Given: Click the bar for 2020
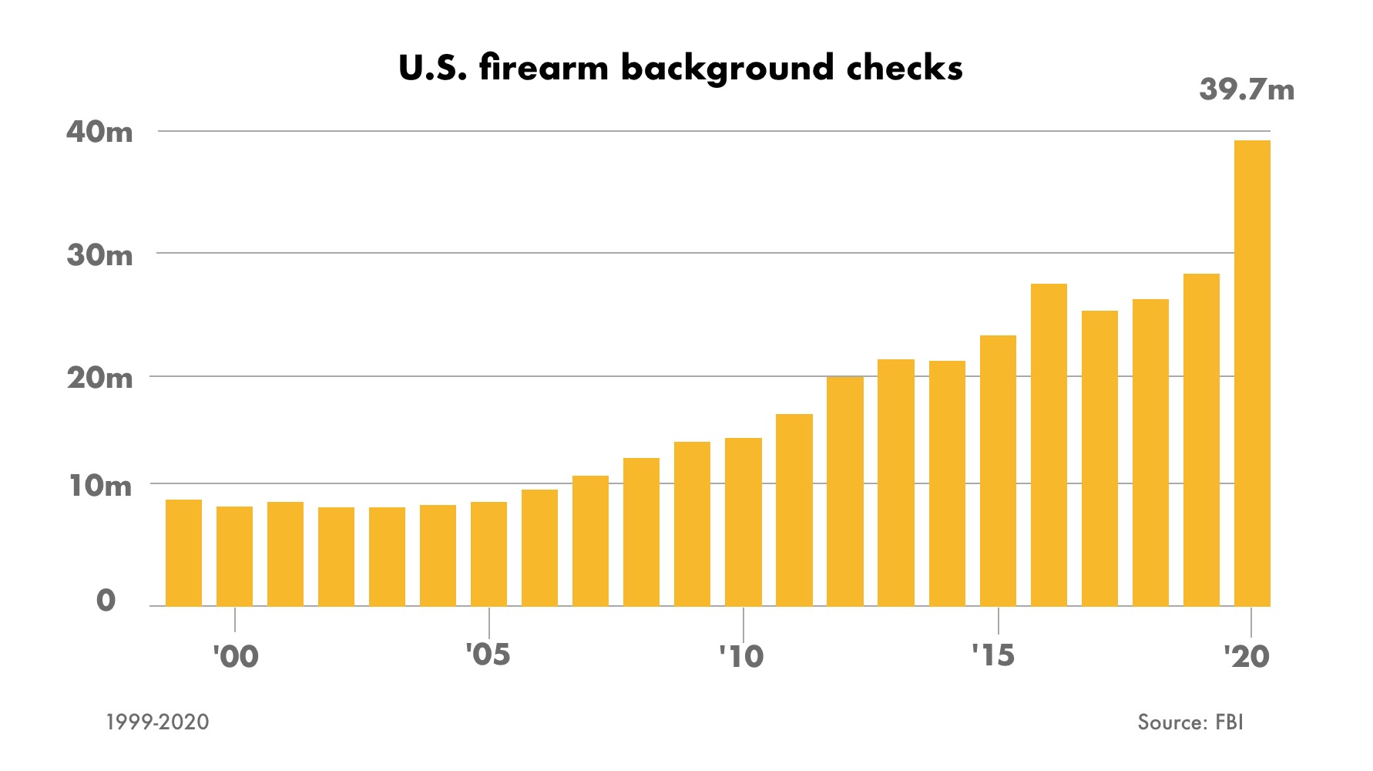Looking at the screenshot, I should (1252, 373).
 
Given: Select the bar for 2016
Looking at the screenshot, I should (1049, 445).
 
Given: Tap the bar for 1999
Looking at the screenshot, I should (183, 553).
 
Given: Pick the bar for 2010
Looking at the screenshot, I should (744, 522).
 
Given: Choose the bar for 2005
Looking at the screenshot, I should (488, 554).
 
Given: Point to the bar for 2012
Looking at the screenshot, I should (845, 491).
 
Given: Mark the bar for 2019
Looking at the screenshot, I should (1201, 439).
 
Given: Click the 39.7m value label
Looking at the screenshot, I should (1247, 90).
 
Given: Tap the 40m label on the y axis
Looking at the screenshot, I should (99, 132).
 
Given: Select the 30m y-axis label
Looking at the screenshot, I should (99, 255).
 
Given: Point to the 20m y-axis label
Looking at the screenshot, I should (99, 378).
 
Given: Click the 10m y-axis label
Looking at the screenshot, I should (99, 486).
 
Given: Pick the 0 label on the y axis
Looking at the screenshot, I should (106, 601).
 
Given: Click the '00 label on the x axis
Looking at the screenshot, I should (236, 657).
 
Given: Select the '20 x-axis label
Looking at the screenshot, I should (1246, 657).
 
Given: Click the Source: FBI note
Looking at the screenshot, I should (1190, 722).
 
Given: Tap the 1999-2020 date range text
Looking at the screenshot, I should (158, 722).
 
